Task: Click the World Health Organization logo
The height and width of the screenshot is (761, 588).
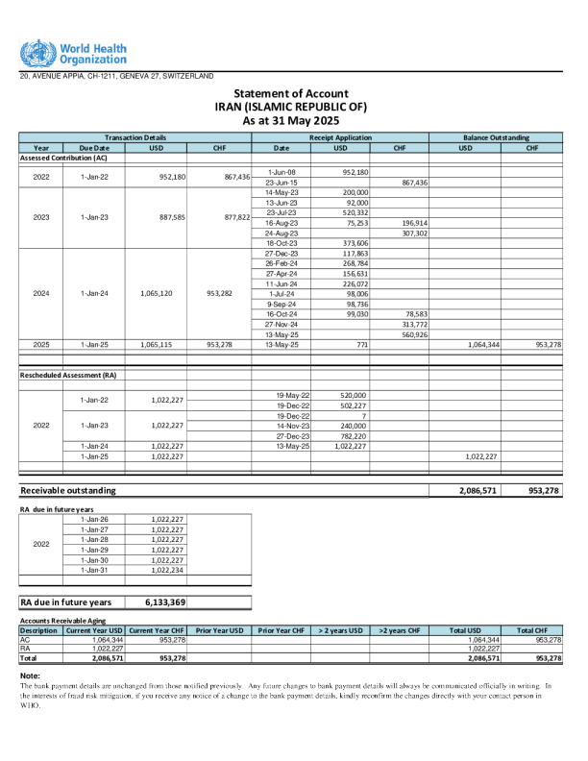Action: coord(72,53)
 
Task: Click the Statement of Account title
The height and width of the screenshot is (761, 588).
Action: coord(290,93)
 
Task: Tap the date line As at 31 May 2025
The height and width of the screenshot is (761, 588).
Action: coord(290,121)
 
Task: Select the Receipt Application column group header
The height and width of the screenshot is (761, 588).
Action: coord(339,138)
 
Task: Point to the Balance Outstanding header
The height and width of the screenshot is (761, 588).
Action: coord(496,138)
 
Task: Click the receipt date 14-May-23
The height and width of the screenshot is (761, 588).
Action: coord(281,192)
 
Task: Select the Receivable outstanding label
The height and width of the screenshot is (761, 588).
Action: coord(68,490)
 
